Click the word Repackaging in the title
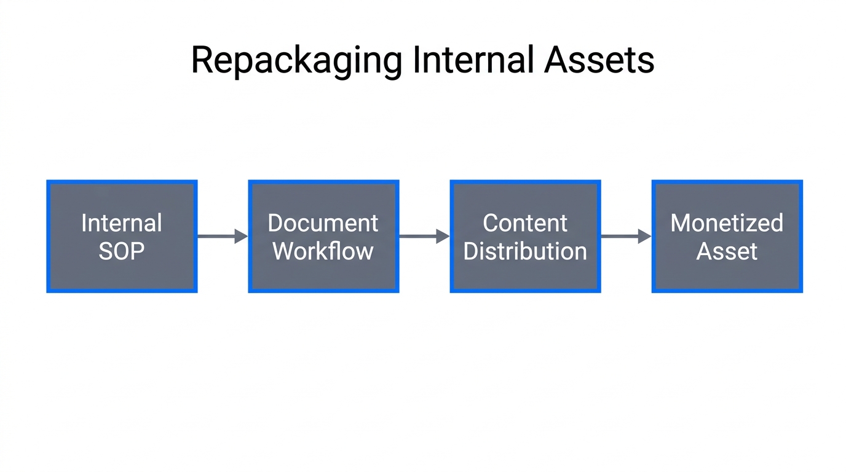coord(296,61)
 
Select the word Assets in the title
coord(599,60)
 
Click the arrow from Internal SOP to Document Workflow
coord(222,236)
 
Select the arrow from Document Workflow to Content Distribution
coord(424,236)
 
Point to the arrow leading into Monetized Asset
coord(626,236)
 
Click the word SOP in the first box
coord(122,251)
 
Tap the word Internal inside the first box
coord(122,223)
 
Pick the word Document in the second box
coord(323,223)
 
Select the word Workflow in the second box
coord(323,251)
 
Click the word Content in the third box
coord(525,223)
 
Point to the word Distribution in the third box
coord(525,251)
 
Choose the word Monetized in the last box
coord(727,223)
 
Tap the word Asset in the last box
coord(727,251)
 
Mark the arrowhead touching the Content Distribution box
coord(443,236)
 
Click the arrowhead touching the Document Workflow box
coord(241,236)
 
